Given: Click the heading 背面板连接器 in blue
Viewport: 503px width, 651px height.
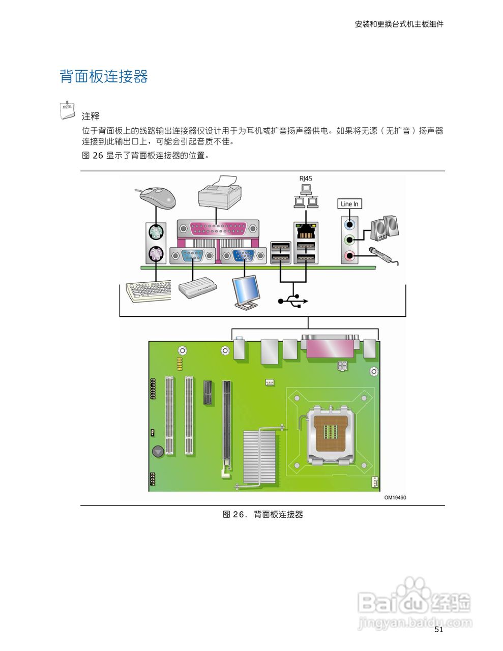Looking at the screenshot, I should (x=104, y=77).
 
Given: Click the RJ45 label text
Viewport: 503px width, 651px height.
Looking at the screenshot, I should (x=306, y=179).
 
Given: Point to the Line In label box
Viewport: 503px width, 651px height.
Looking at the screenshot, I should (x=349, y=204).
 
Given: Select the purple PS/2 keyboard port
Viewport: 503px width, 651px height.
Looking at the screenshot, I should (x=156, y=253).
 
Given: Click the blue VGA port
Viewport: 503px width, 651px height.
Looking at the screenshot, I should (x=243, y=255).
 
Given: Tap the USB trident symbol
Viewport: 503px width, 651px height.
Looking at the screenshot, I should (x=293, y=301).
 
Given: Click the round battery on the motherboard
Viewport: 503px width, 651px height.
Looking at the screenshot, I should (x=158, y=451).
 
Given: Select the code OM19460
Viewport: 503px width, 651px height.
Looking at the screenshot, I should (x=395, y=497).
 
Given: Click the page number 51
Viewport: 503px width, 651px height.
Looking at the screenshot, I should (x=439, y=630).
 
